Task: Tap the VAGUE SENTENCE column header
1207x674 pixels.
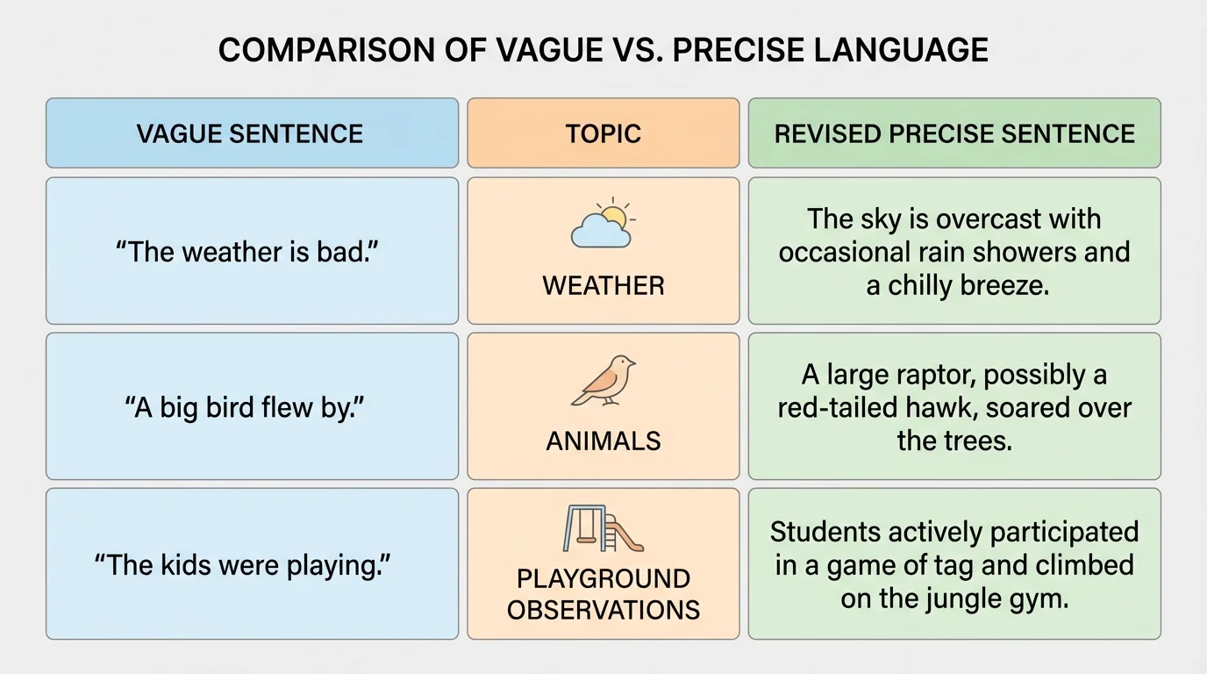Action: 250,133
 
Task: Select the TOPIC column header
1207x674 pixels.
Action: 603,133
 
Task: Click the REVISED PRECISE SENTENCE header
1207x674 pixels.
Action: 954,133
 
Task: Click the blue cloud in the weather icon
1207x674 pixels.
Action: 598,233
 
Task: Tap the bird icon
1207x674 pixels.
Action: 604,380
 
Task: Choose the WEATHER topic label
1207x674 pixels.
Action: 603,285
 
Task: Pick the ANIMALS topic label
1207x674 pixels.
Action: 603,441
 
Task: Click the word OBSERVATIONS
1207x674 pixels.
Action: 603,609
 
